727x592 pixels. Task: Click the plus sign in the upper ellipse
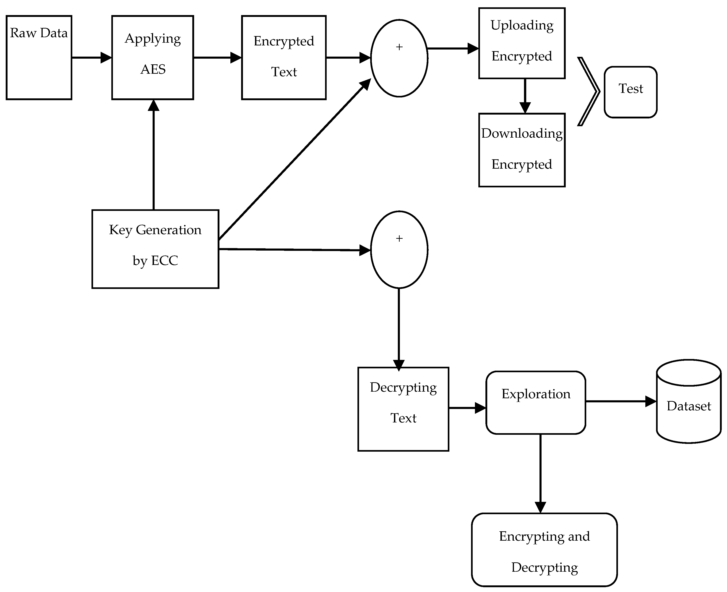[x=399, y=47]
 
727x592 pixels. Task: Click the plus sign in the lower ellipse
[x=399, y=238]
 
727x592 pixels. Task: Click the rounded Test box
[x=630, y=92]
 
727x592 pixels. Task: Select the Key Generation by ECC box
[x=155, y=249]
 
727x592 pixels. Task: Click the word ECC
[x=165, y=261]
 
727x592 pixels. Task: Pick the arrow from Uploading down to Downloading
[x=525, y=95]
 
